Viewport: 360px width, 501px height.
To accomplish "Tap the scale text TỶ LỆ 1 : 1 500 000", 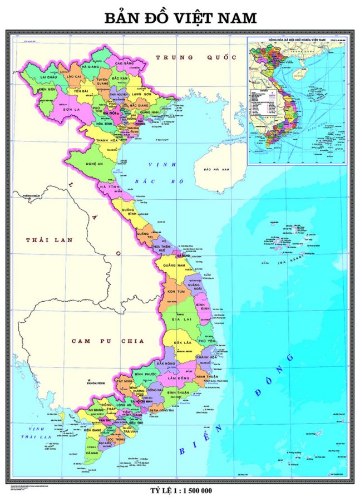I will (181, 490).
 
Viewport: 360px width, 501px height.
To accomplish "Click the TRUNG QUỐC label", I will (196, 57).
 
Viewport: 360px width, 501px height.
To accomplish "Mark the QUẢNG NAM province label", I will (174, 266).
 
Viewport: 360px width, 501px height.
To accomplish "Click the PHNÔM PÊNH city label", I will (95, 383).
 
